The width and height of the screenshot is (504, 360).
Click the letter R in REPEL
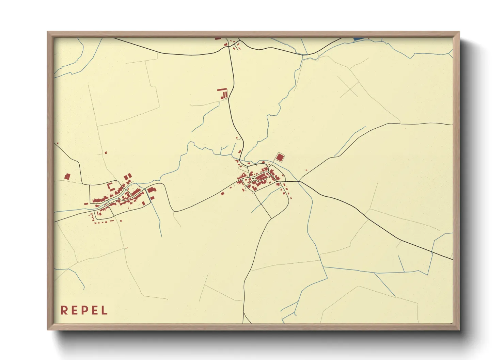(64, 310)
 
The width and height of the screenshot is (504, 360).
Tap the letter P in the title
(84, 310)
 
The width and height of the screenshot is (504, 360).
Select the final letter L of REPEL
(105, 310)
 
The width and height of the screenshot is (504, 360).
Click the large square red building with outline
(280, 157)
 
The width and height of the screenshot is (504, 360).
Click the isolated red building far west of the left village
(67, 176)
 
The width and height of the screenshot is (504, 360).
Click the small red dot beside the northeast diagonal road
(306, 170)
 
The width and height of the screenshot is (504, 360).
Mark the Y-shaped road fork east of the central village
(299, 181)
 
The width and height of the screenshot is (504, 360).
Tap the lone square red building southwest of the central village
(222, 193)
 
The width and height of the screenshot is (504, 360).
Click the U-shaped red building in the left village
(110, 186)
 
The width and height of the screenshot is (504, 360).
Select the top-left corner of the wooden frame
(48, 32)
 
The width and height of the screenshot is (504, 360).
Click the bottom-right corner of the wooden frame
(459, 329)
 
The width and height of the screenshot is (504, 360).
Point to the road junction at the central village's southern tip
(271, 218)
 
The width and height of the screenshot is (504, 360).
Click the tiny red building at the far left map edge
(58, 143)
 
